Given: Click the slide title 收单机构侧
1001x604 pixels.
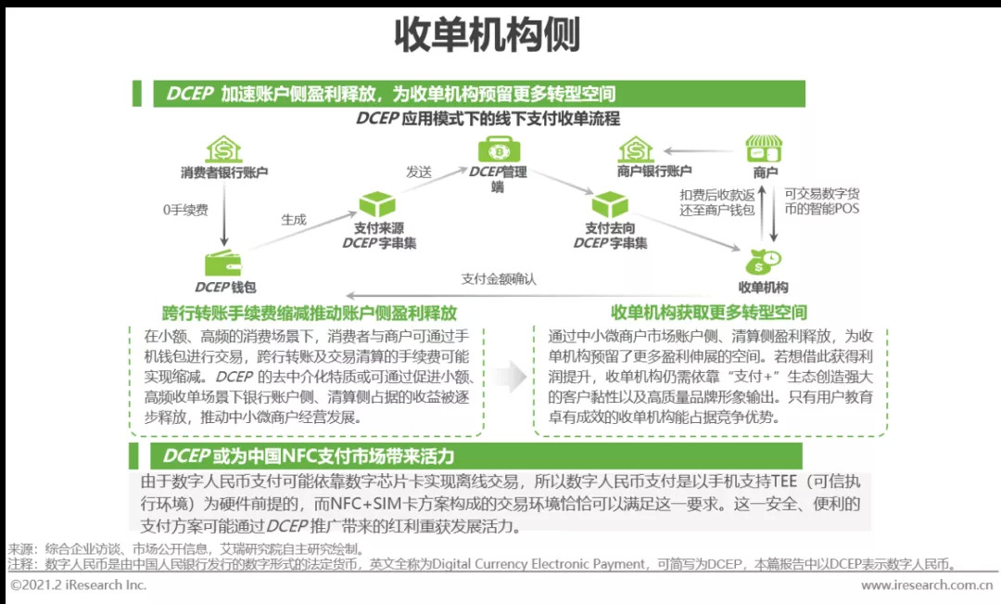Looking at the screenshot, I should (488, 35).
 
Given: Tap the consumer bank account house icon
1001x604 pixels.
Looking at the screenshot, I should (223, 149).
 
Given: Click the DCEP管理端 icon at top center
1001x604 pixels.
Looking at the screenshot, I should (497, 149).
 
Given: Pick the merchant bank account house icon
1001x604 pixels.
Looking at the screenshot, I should (636, 149).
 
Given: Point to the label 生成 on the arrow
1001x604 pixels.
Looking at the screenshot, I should (294, 220).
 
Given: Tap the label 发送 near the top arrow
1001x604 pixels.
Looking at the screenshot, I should (419, 172).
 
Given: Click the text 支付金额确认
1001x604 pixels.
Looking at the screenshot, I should (499, 278).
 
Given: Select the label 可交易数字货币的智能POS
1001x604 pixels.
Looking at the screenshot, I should (821, 201).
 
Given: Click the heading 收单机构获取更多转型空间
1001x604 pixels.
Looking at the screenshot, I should (708, 313).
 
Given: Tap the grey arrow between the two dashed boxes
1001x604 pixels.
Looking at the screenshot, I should (508, 376).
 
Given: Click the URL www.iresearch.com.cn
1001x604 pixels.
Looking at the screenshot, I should (927, 585).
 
